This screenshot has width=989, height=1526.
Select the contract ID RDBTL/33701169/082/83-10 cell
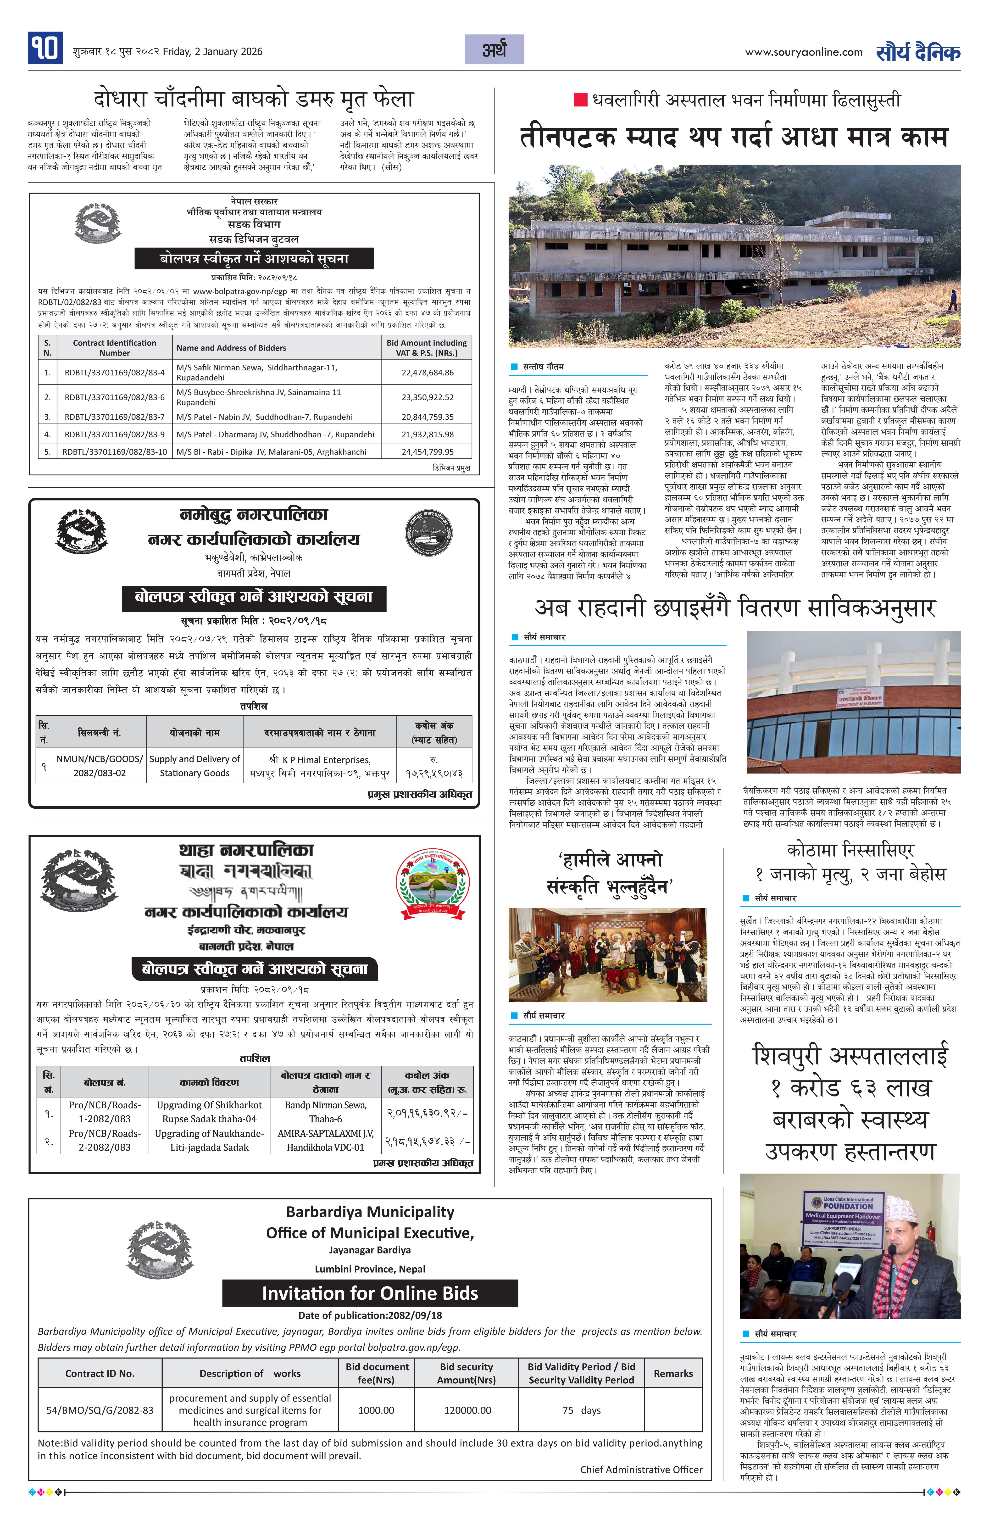[x=115, y=451]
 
